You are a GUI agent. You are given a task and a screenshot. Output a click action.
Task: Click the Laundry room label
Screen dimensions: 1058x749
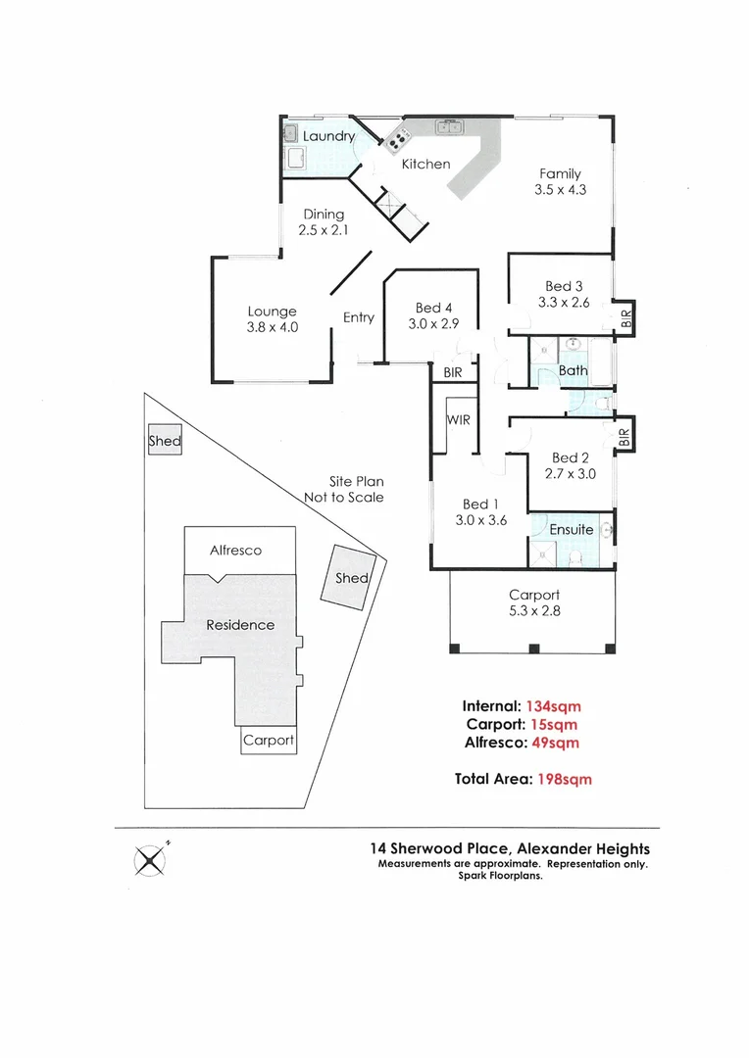coord(328,136)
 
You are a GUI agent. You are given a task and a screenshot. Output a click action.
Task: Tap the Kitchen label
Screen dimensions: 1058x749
coord(425,164)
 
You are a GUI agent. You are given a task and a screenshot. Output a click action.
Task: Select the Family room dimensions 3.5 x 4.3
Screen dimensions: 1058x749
coord(560,190)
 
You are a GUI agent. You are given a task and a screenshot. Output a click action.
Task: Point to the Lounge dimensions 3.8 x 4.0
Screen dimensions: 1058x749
coord(272,328)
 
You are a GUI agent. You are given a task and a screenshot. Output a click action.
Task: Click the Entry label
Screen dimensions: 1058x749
coord(359,317)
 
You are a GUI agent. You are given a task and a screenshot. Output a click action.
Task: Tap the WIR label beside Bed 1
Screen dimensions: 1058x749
coord(459,420)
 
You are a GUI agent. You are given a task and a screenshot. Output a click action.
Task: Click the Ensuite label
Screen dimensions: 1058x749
coord(571,529)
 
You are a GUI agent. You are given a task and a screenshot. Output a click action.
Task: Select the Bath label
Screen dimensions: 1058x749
coord(574,370)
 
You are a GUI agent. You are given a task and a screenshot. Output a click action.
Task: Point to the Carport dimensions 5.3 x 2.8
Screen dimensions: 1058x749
coord(534,611)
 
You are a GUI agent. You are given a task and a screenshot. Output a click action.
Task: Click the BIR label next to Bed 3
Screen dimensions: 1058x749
coord(625,317)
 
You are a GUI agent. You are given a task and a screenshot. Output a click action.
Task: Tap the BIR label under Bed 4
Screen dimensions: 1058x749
coord(453,373)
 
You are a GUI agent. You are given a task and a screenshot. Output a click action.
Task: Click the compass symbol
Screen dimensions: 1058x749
coord(149,861)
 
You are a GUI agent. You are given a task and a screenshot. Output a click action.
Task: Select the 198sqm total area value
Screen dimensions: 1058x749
coord(563,780)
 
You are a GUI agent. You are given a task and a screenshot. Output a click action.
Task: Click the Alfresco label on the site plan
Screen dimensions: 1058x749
coord(236,551)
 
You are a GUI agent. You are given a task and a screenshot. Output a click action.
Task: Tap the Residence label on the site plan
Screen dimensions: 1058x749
coord(240,625)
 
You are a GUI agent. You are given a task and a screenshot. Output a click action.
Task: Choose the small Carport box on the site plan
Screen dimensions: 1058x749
coord(269,741)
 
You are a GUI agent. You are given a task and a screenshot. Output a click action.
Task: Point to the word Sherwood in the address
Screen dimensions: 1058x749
coord(452,849)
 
